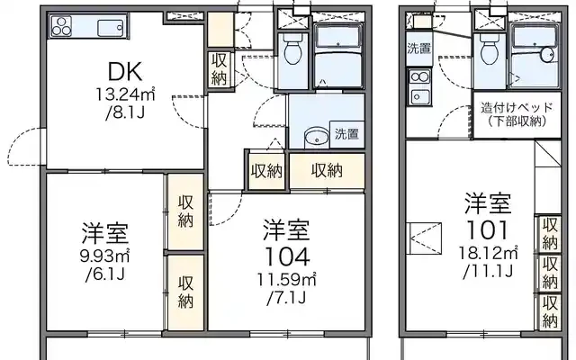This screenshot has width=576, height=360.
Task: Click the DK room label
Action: [x=125, y=72]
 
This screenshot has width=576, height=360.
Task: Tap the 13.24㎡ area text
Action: [x=125, y=94]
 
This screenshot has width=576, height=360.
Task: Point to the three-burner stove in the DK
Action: [x=61, y=26]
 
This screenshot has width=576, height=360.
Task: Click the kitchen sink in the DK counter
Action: [x=110, y=28]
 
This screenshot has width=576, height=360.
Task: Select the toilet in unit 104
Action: [x=292, y=50]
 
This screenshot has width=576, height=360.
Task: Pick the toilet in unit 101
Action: [x=489, y=50]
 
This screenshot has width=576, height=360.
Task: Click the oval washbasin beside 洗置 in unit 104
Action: [x=316, y=137]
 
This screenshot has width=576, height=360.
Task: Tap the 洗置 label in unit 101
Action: [x=418, y=49]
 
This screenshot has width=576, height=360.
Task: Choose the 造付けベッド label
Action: [x=517, y=108]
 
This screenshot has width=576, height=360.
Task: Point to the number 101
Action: [x=487, y=230]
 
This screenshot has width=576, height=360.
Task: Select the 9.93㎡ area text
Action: [x=105, y=256]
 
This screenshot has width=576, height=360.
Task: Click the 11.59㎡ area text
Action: [x=286, y=280]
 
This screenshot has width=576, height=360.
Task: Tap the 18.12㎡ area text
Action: [x=488, y=253]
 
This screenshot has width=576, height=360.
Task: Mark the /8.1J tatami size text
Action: [x=125, y=112]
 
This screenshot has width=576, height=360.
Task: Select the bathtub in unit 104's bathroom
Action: [x=338, y=38]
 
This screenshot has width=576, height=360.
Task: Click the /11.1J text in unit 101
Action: [x=488, y=272]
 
